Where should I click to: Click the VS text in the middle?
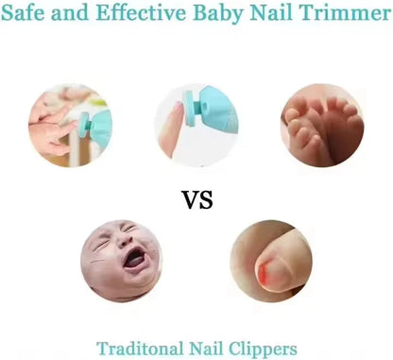coord(196,200)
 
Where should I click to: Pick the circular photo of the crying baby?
coord(121,261)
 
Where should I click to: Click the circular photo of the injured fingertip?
coord(272,261)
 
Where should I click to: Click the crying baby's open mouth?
coord(135,258)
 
